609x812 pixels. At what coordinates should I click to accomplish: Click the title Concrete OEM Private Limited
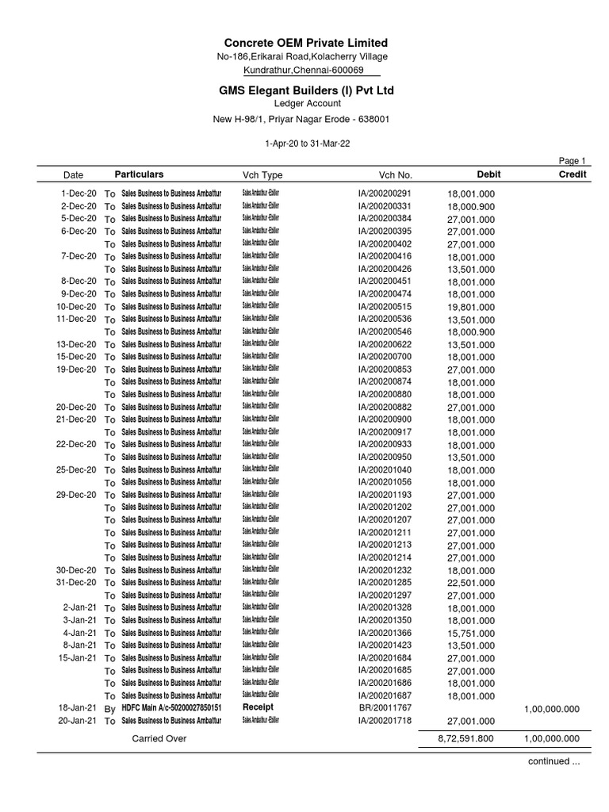point(305,42)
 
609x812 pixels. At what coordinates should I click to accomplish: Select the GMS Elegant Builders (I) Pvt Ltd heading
point(306,90)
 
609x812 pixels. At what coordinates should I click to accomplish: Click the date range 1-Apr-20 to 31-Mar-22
point(305,144)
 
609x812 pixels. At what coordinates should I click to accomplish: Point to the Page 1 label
point(572,160)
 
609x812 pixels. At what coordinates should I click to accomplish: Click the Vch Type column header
point(262,174)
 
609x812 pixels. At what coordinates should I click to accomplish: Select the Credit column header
point(573,174)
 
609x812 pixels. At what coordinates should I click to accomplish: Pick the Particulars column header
point(139,174)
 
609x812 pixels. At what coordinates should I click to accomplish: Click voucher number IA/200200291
point(385,193)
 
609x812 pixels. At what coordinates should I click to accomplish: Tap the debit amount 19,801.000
point(471,307)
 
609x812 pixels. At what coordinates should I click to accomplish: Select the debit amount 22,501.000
point(471,584)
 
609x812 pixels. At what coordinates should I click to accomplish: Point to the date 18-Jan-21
point(77,708)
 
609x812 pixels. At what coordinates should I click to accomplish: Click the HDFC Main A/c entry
point(171,708)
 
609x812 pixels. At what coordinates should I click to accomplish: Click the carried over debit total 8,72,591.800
point(465,738)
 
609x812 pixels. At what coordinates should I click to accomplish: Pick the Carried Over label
point(159,738)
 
